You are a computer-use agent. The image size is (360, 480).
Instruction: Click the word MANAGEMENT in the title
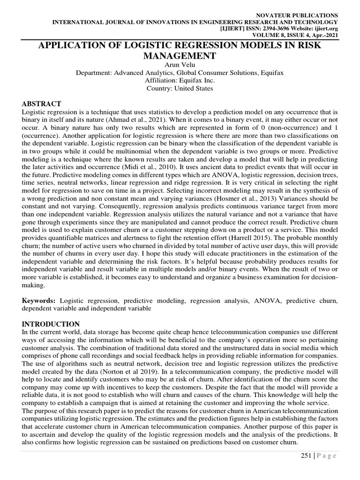coord(180,56)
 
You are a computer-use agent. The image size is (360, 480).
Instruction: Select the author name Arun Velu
coord(180,65)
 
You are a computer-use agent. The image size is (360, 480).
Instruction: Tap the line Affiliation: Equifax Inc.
coord(180,80)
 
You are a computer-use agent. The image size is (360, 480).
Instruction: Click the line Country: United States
coord(180,88)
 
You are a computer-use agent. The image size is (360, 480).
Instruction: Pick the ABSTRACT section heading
coord(41,104)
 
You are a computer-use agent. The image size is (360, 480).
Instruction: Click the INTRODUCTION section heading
coord(51,324)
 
